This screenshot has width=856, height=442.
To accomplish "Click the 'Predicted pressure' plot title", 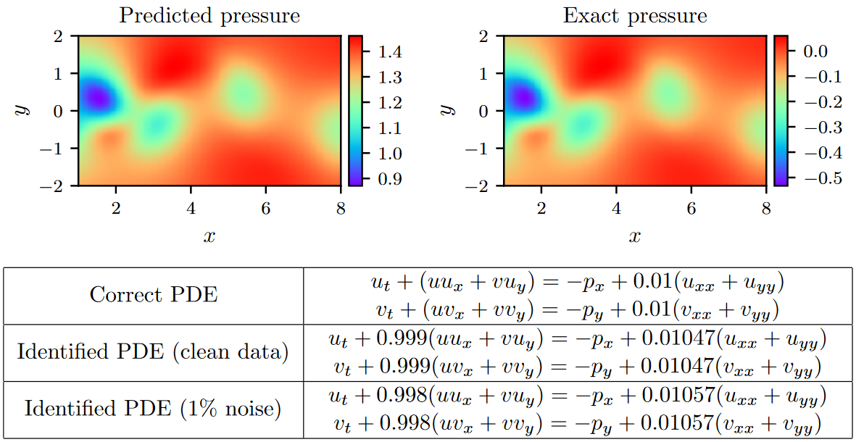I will point(209,15).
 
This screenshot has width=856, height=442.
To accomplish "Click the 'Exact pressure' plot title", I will point(635,15).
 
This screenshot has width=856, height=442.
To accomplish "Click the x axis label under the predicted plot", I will point(209,236).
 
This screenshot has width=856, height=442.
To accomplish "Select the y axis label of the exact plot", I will point(446,110).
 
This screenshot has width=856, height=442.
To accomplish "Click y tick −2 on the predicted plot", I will point(63,186).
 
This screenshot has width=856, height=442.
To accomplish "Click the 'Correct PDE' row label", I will point(154,295).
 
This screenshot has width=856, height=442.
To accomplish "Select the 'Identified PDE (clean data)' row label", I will point(154,353).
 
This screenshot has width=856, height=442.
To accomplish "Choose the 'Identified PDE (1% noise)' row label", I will point(154,409).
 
